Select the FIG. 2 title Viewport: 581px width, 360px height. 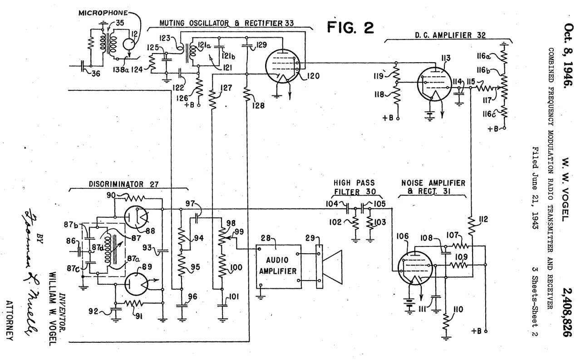coord(351,28)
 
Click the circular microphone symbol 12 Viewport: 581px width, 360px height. coord(130,44)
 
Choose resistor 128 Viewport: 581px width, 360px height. coord(247,96)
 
